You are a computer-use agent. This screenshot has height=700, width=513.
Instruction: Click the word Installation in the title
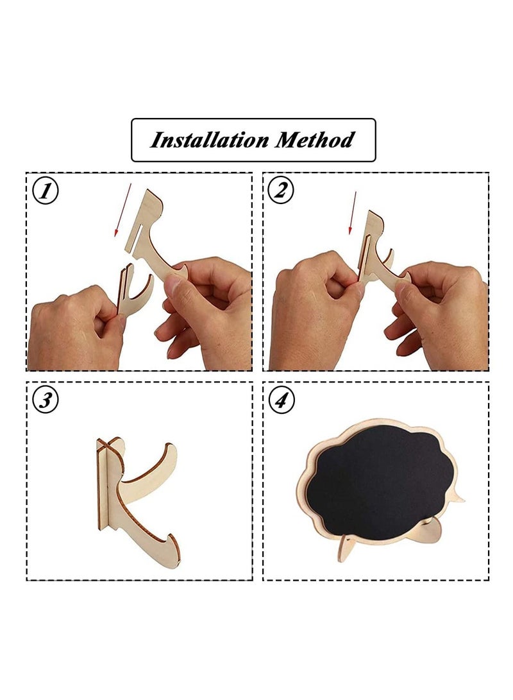coord(209,140)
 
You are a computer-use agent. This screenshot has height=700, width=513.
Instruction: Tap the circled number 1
coord(46,191)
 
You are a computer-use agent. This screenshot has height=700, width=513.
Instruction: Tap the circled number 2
coord(281,191)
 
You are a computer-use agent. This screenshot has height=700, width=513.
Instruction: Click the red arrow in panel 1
coord(122,209)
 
